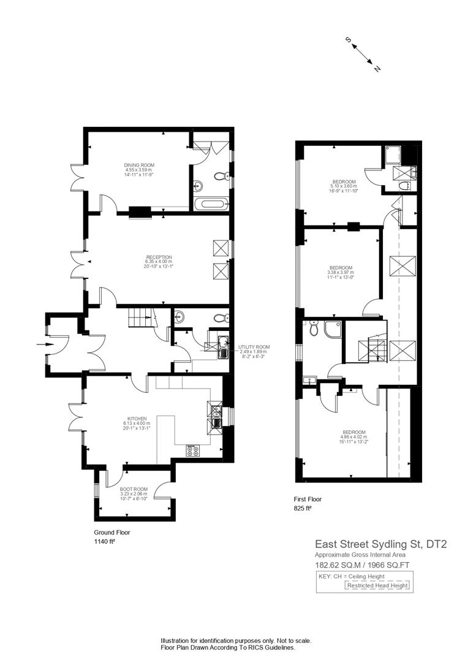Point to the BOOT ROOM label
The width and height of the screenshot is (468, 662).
click(134, 489)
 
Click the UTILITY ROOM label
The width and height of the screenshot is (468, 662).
click(254, 347)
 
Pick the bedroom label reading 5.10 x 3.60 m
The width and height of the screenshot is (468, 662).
click(344, 186)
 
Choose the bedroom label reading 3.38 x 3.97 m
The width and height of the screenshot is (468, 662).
click(341, 273)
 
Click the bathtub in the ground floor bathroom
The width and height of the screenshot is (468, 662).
click(212, 204)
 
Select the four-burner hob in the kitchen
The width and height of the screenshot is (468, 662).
click(194, 451)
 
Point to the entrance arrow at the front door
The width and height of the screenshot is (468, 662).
click(45, 344)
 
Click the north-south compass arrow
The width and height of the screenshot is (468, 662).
click(363, 54)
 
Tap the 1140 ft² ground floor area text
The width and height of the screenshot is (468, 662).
click(105, 541)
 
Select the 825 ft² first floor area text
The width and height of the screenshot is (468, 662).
click(302, 508)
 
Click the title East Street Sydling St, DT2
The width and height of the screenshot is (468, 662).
click(380, 544)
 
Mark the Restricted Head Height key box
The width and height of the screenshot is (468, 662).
click(378, 585)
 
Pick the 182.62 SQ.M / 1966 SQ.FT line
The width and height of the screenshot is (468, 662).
click(362, 565)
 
